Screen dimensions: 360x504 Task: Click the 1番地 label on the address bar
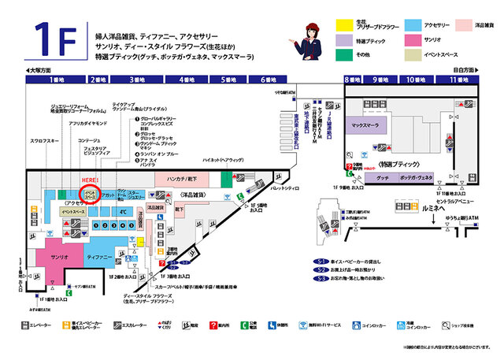pos(54,80)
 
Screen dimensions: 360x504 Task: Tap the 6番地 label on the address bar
pos(269,80)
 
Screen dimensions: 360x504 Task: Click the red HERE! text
pos(90,180)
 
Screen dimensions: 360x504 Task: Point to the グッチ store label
pos(383,178)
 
